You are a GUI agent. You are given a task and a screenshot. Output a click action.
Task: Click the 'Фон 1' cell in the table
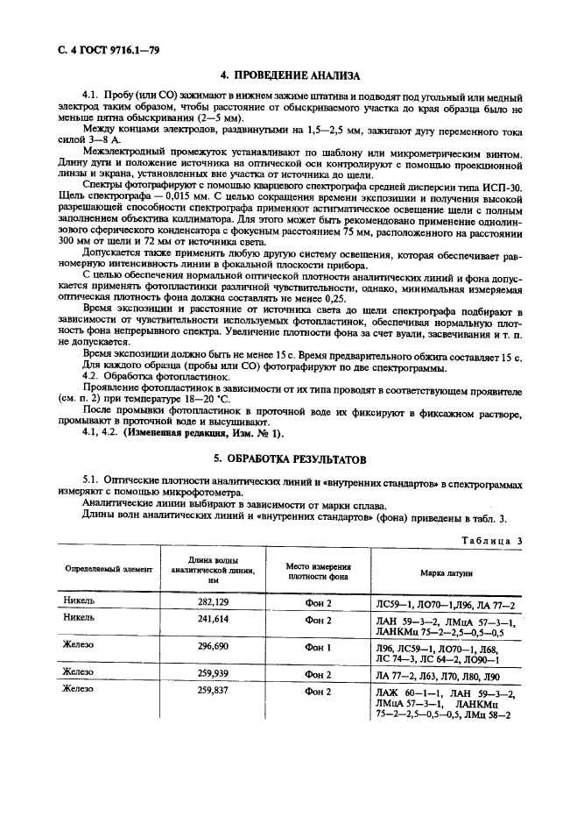point(318,645)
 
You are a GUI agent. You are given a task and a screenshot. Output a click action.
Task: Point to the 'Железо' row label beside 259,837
point(81,689)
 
